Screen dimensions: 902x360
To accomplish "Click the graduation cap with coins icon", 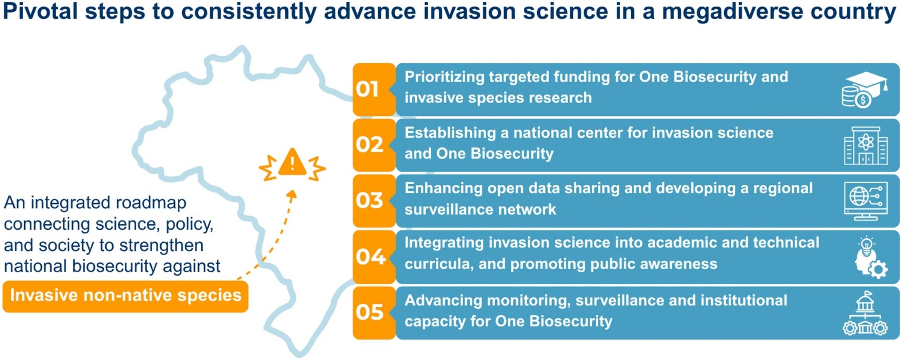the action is point(865,90).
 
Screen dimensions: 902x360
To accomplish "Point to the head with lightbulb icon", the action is point(871,257).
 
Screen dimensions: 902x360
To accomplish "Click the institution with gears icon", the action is point(865,313).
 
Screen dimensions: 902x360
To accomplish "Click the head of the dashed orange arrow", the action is point(292,194).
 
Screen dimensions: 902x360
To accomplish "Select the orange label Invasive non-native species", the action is point(126,296).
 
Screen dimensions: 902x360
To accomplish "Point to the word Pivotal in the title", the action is point(40,11).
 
